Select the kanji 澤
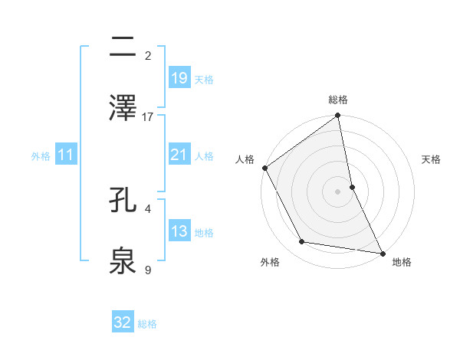123,108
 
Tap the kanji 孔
123,200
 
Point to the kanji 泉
123,261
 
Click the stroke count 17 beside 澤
148,117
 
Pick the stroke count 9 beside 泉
148,270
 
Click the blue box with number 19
179,77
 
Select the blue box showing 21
179,155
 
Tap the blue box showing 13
179,231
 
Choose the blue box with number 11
66,155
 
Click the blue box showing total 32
123,322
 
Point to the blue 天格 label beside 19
204,79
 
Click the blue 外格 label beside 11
41,156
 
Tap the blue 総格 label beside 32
147,324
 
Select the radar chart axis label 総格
338,100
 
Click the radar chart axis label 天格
432,159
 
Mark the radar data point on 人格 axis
265,168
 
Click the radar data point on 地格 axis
383,253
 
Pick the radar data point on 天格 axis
352,187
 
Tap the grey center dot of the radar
338,191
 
